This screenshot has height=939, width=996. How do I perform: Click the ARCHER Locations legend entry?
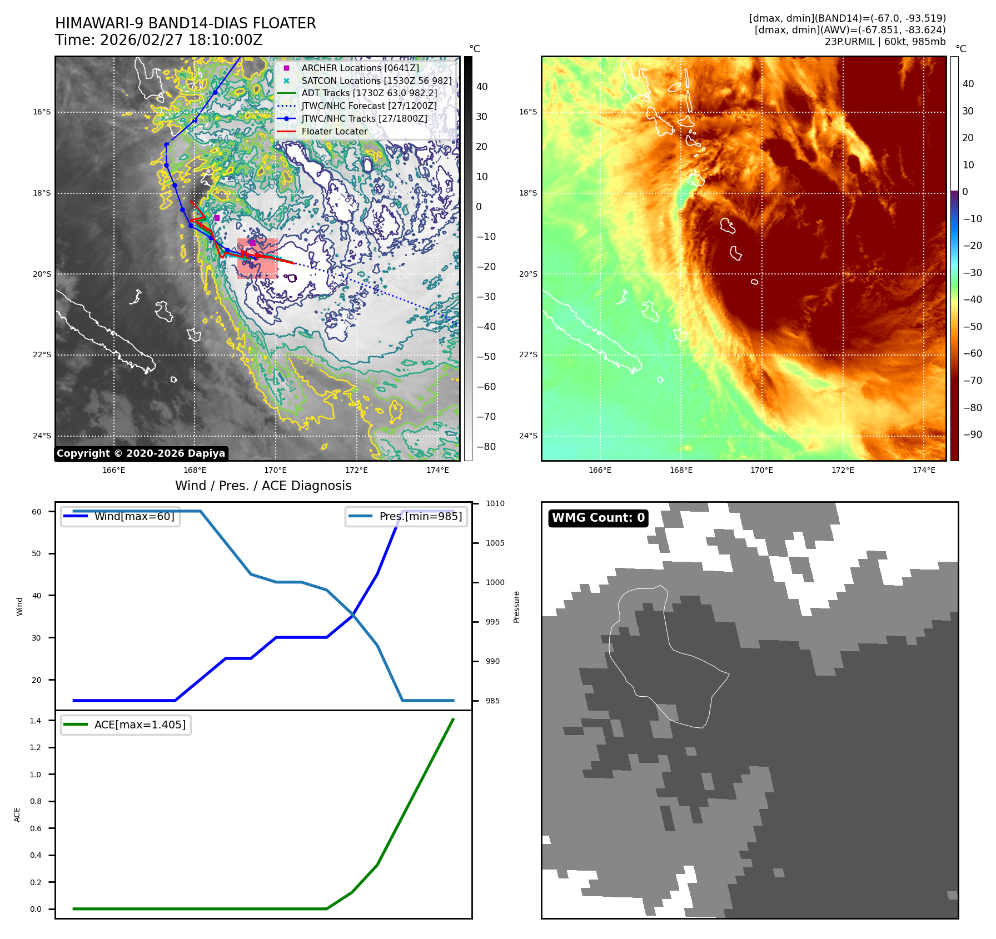pyautogui.click(x=360, y=68)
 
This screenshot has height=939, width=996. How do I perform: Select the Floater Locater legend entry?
pyautogui.click(x=334, y=132)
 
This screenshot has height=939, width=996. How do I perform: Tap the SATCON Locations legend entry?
pyautogui.click(x=376, y=81)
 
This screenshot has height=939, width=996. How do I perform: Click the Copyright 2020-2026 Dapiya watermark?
pyautogui.click(x=141, y=453)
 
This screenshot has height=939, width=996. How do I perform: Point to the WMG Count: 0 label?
pyautogui.click(x=598, y=518)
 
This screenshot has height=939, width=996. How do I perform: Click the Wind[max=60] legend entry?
pyautogui.click(x=134, y=516)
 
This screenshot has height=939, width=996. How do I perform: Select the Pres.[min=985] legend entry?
pyautogui.click(x=420, y=516)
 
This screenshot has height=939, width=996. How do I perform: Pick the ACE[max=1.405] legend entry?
pyautogui.click(x=140, y=725)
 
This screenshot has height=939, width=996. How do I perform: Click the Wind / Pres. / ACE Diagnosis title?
pyautogui.click(x=263, y=486)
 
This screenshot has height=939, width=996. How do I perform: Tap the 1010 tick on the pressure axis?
pyautogui.click(x=495, y=503)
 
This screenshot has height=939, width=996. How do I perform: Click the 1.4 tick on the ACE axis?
pyautogui.click(x=36, y=721)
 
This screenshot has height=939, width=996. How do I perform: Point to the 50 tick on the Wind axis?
pyautogui.click(x=36, y=553)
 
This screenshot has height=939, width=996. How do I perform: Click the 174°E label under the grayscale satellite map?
pyautogui.click(x=437, y=470)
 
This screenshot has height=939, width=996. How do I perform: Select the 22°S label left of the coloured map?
pyautogui.click(x=528, y=354)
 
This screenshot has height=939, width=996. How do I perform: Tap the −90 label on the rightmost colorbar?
pyautogui.click(x=972, y=434)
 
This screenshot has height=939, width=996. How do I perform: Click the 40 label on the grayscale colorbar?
pyautogui.click(x=481, y=87)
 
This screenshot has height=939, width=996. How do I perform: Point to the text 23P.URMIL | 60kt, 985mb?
pyautogui.click(x=885, y=42)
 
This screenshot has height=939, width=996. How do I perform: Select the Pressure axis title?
pyautogui.click(x=516, y=607)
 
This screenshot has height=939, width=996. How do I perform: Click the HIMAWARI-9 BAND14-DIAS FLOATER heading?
pyautogui.click(x=185, y=23)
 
